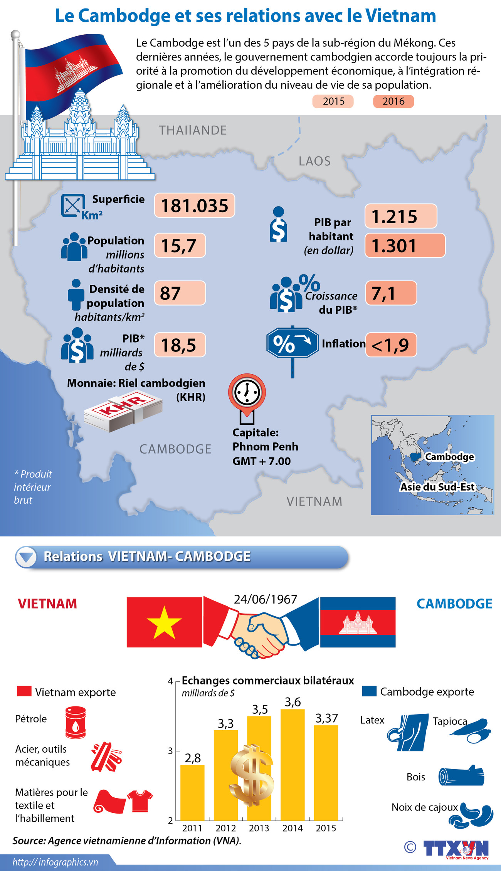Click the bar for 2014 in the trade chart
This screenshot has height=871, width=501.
click(293, 765)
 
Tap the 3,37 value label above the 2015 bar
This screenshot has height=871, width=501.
click(326, 718)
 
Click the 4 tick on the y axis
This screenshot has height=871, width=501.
click(170, 681)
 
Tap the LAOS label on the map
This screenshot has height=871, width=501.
click(314, 161)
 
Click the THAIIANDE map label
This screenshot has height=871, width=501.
click(193, 130)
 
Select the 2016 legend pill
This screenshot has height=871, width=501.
click(393, 101)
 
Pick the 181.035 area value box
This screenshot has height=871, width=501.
click(195, 205)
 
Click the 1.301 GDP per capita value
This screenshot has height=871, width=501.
click(405, 245)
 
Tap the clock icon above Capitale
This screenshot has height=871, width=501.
click(247, 392)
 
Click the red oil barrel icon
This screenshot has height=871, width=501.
click(76, 722)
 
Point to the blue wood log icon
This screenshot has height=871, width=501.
click(461, 776)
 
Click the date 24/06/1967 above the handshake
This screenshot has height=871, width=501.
click(266, 599)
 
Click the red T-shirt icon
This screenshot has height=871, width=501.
click(140, 800)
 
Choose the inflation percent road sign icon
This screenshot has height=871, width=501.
click(293, 343)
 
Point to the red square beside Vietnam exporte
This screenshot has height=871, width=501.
click(24, 691)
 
